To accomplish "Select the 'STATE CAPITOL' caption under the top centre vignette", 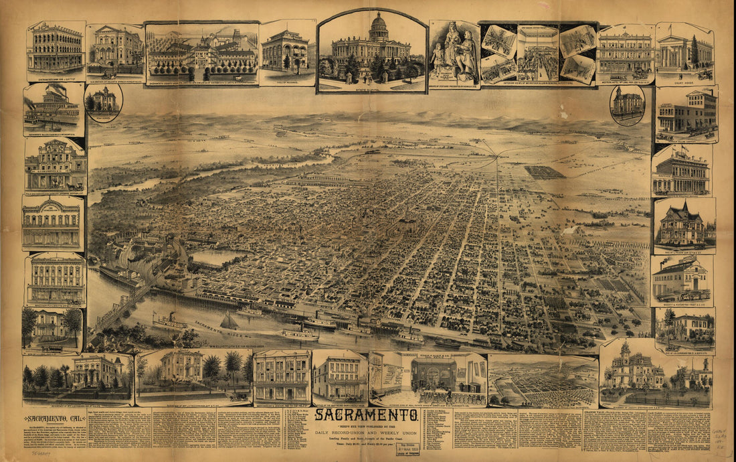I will click(x=371, y=86).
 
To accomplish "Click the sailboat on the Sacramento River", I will click(x=229, y=322).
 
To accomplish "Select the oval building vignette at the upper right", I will click(x=628, y=104).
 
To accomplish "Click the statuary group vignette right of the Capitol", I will click(x=454, y=54).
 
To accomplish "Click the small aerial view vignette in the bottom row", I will click(x=543, y=381).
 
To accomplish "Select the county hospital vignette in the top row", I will click(x=202, y=52).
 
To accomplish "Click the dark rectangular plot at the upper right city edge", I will click(x=544, y=172).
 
